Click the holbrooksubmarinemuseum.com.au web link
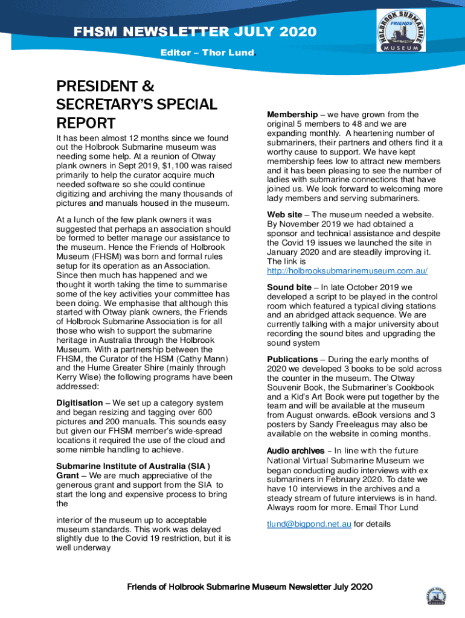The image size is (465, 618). (x=347, y=271)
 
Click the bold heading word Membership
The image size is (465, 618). (x=292, y=115)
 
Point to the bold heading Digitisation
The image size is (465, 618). (x=80, y=403)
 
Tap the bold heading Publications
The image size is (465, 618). (x=297, y=360)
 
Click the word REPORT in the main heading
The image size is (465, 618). (x=85, y=124)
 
